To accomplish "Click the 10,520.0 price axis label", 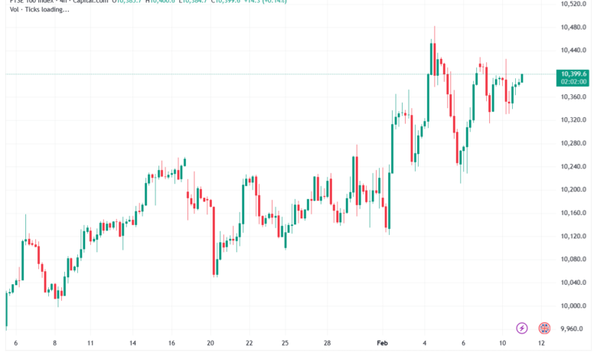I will pyautogui.click(x=573, y=5).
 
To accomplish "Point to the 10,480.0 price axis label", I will pyautogui.click(x=573, y=28).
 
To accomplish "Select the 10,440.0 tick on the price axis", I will pyautogui.click(x=573, y=51).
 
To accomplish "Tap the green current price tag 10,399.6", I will pyautogui.click(x=573, y=77).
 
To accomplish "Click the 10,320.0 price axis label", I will pyautogui.click(x=573, y=120).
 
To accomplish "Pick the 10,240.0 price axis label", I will pyautogui.click(x=573, y=166).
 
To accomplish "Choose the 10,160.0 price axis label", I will pyautogui.click(x=573, y=212).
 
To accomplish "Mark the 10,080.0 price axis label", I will pyautogui.click(x=573, y=259).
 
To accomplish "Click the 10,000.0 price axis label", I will pyautogui.click(x=573, y=305).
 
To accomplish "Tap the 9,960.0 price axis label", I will pyautogui.click(x=573, y=329).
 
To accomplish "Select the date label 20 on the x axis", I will pyautogui.click(x=210, y=344).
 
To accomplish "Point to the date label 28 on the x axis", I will pyautogui.click(x=327, y=344).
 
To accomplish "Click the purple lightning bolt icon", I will pyautogui.click(x=522, y=328).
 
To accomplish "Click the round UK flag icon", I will pyautogui.click(x=544, y=328).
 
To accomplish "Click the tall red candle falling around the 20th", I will pyautogui.click(x=214, y=237).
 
